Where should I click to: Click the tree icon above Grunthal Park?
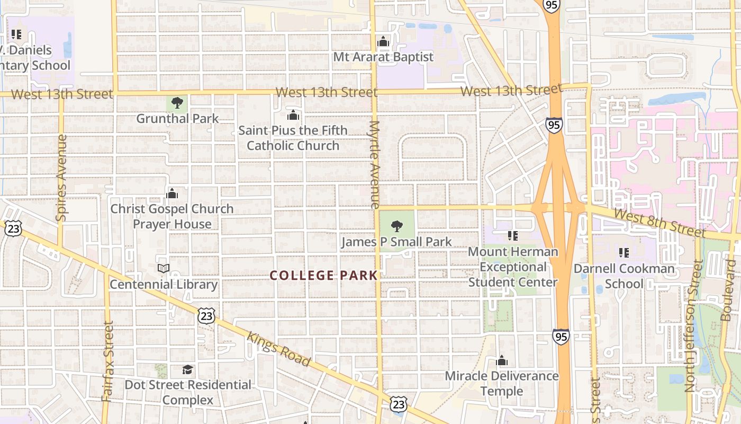[177, 102]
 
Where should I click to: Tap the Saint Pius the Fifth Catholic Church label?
[293, 138]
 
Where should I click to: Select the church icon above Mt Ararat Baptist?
[383, 41]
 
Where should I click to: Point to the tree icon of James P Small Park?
[396, 226]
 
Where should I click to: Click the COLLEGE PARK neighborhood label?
[323, 276]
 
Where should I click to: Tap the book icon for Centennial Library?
[164, 269]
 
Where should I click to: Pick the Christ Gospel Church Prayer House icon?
[172, 193]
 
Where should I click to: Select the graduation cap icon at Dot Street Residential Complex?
[188, 369]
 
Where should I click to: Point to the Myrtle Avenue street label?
[375, 164]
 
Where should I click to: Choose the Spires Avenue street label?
[61, 178]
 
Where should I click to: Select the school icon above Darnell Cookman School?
[624, 253]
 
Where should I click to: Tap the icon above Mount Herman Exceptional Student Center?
[512, 235]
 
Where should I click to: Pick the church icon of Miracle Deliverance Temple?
[502, 361]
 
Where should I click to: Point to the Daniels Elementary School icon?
[16, 34]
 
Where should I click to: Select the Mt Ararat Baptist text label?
[383, 57]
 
